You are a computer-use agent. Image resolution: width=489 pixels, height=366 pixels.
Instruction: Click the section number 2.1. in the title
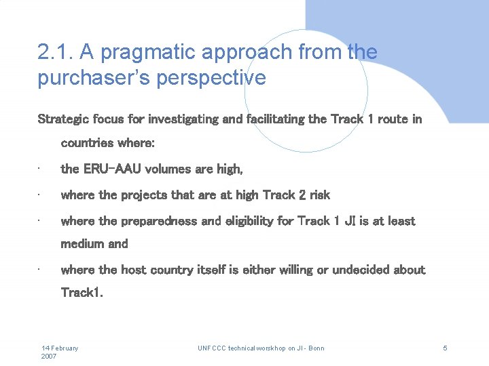[56, 52]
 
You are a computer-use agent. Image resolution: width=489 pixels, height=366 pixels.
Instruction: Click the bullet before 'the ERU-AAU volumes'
[41, 169]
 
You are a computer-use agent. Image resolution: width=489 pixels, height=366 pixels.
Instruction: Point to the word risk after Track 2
[319, 195]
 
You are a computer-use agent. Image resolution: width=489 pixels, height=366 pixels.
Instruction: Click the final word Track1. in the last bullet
[82, 293]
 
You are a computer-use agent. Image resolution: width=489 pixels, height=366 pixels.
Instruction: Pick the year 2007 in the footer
[50, 356]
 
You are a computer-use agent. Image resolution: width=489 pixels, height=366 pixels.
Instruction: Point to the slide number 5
[445, 348]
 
